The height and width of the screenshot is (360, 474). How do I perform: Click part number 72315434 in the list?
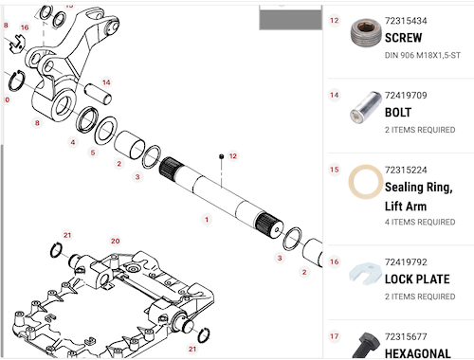(x=406, y=21)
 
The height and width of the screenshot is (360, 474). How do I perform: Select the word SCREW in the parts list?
(x=403, y=38)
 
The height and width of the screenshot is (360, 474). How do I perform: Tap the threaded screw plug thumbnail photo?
(x=365, y=33)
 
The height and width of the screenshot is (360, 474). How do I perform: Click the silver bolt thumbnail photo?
(x=365, y=107)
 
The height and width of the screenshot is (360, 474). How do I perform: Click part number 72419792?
(x=406, y=262)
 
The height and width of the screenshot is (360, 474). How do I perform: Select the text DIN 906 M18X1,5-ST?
(x=423, y=56)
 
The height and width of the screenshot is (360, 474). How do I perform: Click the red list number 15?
(x=335, y=170)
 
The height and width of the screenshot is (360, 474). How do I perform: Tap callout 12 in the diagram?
(x=233, y=156)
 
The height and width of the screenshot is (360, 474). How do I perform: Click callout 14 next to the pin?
(x=106, y=82)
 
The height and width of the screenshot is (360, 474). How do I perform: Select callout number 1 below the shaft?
(x=207, y=219)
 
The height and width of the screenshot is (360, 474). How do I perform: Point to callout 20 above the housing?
(x=116, y=241)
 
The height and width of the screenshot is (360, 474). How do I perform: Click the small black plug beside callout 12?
(x=221, y=156)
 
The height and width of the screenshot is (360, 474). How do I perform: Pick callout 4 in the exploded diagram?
(x=73, y=142)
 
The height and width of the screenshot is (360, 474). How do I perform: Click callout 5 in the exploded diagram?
(x=93, y=153)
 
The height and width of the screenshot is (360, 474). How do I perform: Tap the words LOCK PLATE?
(x=417, y=279)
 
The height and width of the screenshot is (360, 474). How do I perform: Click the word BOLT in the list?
(x=398, y=113)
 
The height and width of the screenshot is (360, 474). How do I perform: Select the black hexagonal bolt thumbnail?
(x=367, y=345)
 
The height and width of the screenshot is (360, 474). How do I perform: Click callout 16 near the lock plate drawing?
(x=25, y=27)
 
